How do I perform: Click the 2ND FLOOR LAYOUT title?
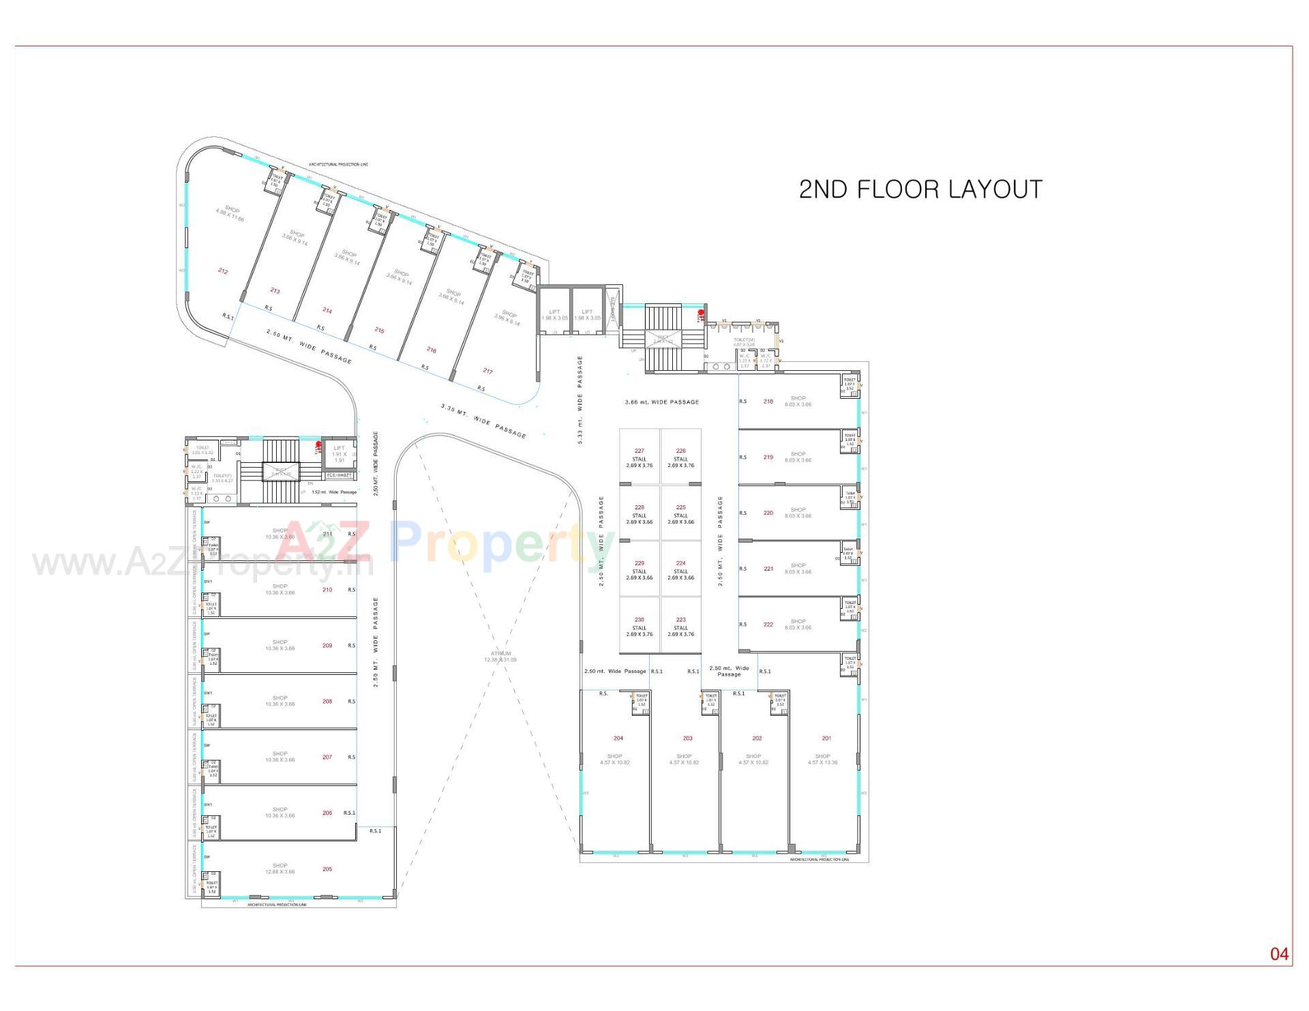[x=920, y=190]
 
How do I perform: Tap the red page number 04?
[x=1279, y=954]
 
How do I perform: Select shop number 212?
[x=223, y=271]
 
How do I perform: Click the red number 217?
[x=487, y=372]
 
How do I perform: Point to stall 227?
[x=639, y=451]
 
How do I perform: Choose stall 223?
[x=680, y=620]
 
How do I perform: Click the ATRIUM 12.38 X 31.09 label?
[x=500, y=657]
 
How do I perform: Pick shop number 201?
[x=826, y=738]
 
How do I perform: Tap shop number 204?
[x=618, y=738]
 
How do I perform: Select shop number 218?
[x=768, y=402]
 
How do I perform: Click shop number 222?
[x=768, y=624]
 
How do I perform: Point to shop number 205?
[x=327, y=869]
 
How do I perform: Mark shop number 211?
[x=327, y=534]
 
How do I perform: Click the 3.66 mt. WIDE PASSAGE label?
[x=661, y=402]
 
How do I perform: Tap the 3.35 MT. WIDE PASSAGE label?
[x=483, y=421]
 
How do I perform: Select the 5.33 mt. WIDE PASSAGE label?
[x=580, y=400]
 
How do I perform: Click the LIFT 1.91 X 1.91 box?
[x=339, y=454]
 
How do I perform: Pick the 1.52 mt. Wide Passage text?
[x=334, y=492]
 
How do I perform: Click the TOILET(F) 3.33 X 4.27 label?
[x=222, y=478]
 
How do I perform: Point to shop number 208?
[x=327, y=701]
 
